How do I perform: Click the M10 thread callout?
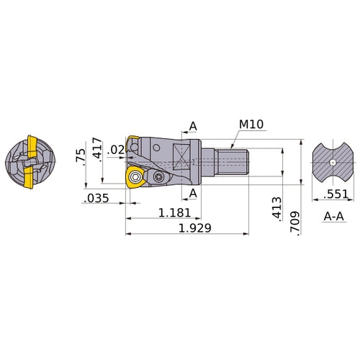[x=252, y=125]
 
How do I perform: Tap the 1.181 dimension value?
[x=174, y=213]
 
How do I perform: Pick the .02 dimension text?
[x=115, y=150]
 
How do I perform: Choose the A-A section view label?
[x=332, y=215]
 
